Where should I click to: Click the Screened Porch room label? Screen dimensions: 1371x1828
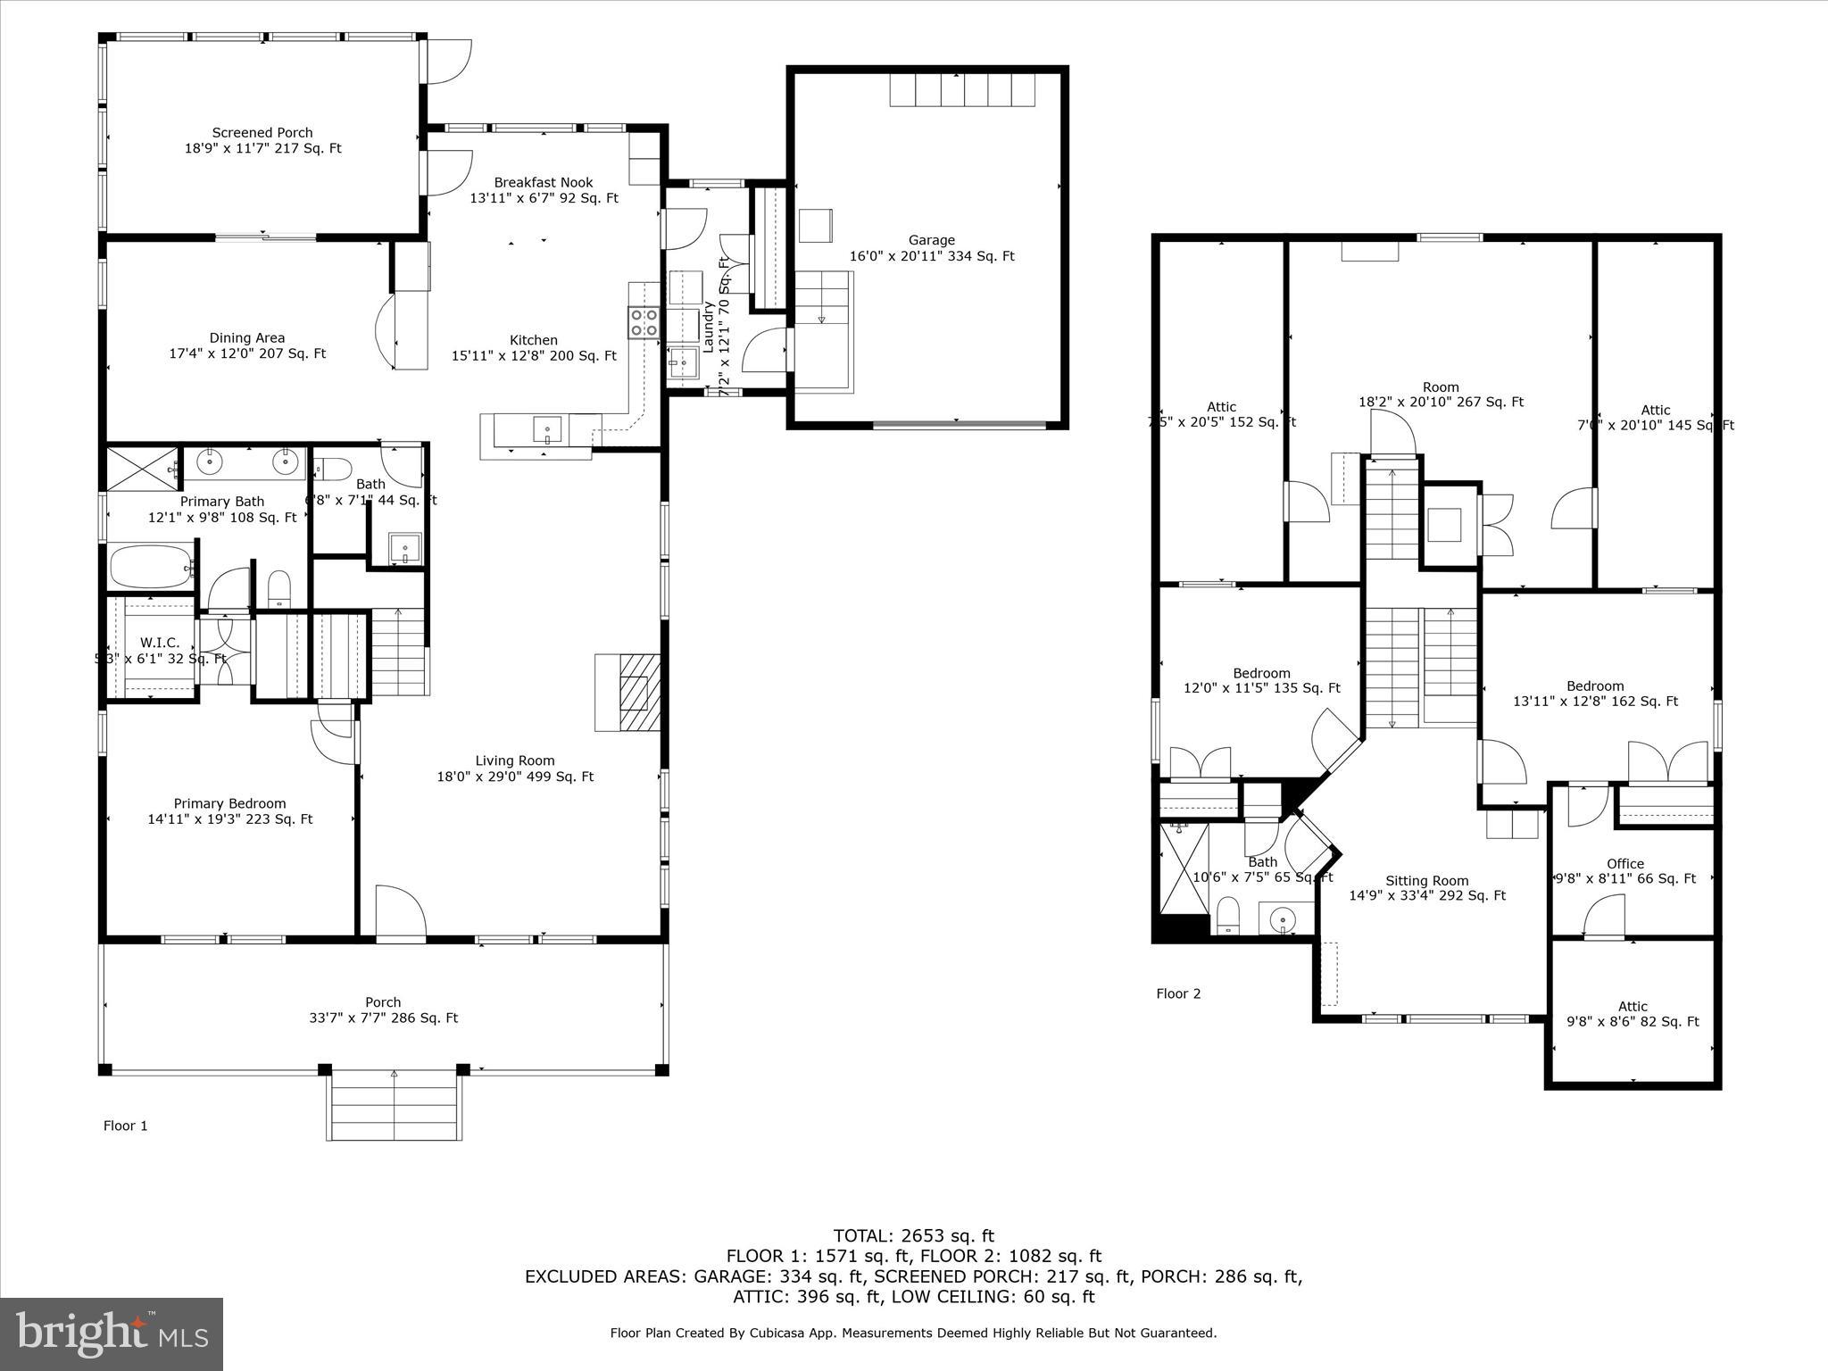tap(262, 133)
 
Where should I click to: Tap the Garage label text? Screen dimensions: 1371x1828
tap(931, 240)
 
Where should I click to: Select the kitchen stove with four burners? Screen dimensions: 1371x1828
tap(644, 322)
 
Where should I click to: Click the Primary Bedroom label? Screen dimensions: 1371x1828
tap(229, 803)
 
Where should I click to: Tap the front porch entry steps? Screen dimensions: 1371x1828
tap(394, 1104)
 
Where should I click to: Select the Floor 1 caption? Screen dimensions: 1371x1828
tap(125, 1126)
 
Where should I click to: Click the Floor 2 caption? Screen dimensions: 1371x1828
tap(1178, 993)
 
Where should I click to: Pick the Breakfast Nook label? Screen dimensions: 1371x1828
tap(544, 182)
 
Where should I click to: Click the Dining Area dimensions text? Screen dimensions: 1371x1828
tap(247, 353)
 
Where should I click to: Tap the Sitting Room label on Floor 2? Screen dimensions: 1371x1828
tap(1426, 880)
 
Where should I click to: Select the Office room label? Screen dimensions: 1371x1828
tap(1624, 863)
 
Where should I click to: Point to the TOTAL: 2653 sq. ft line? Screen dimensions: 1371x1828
tap(913, 1236)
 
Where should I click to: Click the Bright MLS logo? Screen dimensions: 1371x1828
tap(112, 1334)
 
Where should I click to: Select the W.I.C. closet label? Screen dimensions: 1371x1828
tap(160, 643)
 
